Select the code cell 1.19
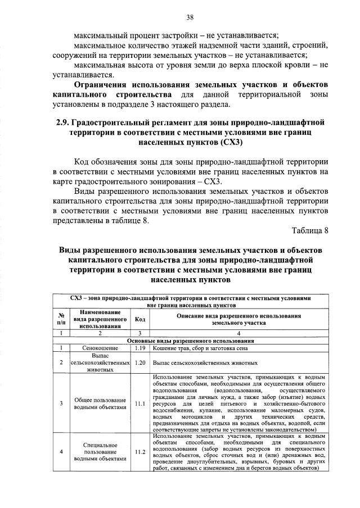point(140,348)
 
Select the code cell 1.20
point(140,363)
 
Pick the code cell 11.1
point(140,403)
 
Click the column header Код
point(141,319)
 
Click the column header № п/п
point(61,319)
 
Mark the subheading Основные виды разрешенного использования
point(191,341)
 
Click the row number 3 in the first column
point(61,403)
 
